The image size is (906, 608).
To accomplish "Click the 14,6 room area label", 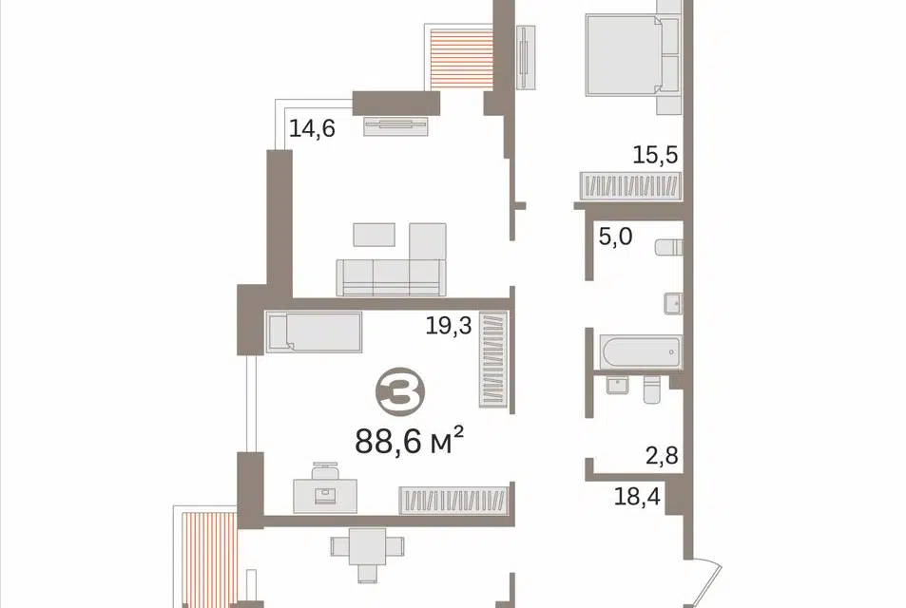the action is click(x=312, y=128).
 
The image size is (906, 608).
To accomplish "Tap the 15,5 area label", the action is click(x=655, y=155).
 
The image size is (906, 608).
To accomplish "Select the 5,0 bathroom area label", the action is click(x=615, y=237).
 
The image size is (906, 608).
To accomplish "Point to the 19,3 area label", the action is click(x=449, y=326).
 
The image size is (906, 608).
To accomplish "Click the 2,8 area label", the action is click(x=662, y=456).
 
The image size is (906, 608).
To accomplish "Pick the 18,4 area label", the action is click(x=637, y=496).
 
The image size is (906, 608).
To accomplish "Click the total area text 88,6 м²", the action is click(x=409, y=441).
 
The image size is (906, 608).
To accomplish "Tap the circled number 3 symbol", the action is click(x=400, y=391).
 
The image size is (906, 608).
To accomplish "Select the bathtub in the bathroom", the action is click(x=641, y=351).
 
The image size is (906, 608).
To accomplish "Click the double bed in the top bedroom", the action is click(x=633, y=55).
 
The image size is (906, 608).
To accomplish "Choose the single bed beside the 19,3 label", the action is click(x=314, y=332).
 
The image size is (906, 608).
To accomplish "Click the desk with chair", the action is click(x=325, y=488).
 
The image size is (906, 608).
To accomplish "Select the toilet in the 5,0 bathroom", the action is click(x=668, y=248).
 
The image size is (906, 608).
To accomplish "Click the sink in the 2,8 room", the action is click(x=618, y=385).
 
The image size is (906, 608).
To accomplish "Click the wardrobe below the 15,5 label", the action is click(x=631, y=186).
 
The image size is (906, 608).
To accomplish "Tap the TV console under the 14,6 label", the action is click(x=395, y=125).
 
